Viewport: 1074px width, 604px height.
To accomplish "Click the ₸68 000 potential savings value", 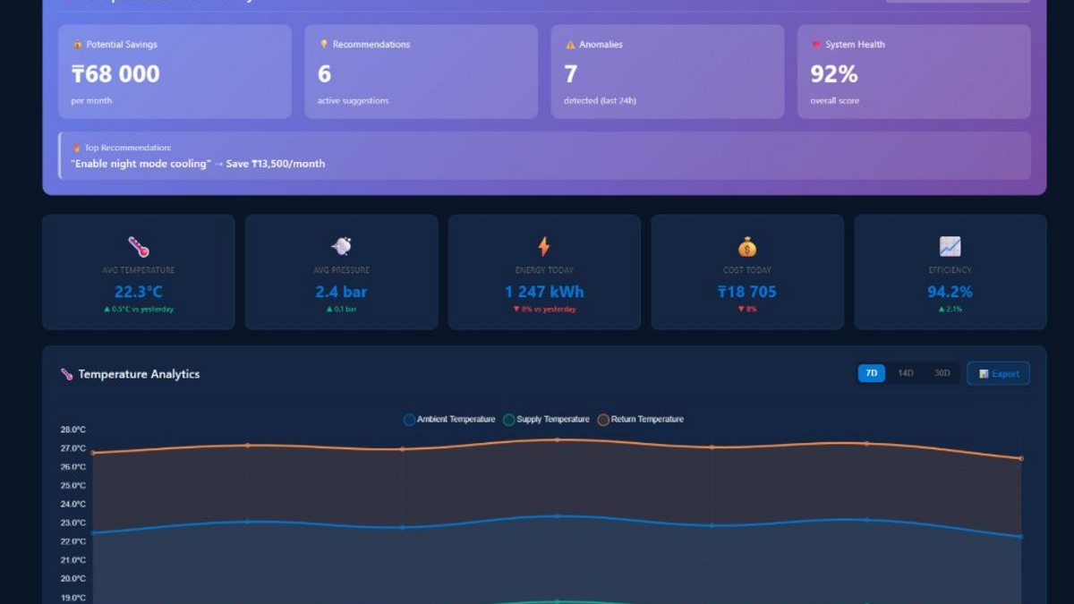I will [x=115, y=74].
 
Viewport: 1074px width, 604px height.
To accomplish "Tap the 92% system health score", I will [x=834, y=74].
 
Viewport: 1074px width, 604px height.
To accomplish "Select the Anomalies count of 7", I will [x=571, y=74].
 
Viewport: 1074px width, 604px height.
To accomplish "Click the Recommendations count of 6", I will [x=324, y=74].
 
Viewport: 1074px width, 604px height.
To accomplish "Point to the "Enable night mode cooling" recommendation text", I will [x=198, y=164].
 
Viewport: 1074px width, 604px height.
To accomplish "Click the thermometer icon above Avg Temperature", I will [x=139, y=246].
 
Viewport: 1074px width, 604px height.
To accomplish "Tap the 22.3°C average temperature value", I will [x=139, y=292].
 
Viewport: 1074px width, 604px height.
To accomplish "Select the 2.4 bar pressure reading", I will [x=341, y=292].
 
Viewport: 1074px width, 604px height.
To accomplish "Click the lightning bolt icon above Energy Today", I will [x=544, y=246].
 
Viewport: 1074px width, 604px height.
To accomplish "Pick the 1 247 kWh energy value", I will [x=544, y=292].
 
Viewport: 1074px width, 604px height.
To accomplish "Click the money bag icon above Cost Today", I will [x=747, y=246].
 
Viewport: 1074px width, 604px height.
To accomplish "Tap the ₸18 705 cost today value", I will [x=747, y=292].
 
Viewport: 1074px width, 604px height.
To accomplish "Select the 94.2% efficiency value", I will [x=950, y=292].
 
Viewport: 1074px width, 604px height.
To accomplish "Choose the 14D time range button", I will [x=906, y=373].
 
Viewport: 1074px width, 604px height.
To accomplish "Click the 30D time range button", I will [x=942, y=373].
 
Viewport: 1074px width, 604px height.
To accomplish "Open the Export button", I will [x=999, y=373].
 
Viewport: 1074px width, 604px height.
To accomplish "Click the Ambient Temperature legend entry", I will [x=449, y=420].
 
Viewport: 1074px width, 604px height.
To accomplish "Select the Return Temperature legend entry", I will [x=641, y=420].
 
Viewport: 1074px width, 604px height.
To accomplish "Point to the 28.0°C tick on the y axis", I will [x=73, y=430].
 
